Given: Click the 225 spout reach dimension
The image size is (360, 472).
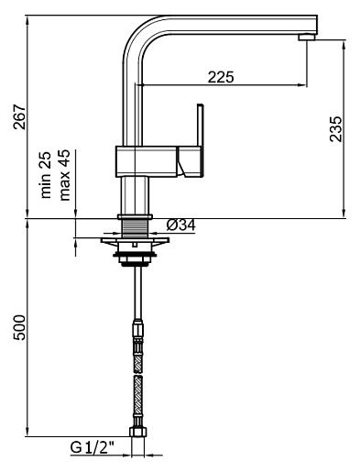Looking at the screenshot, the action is pos(221,77).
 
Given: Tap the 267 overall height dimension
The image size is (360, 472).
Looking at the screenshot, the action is pos(20,117).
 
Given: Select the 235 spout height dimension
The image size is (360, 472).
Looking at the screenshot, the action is pos(336,128).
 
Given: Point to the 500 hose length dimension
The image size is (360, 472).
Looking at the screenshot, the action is pos(20,327).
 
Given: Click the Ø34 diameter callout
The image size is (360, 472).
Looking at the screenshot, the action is pos(181,225).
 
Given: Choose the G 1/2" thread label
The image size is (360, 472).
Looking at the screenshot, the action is pos(93,447).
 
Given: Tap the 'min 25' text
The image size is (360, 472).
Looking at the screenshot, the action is pos(46,175).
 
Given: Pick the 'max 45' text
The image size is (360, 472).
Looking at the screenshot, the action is pos(65,175).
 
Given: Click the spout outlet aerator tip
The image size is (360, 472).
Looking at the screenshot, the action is pos(306,38).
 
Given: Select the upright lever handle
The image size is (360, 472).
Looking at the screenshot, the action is pos(201,126).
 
